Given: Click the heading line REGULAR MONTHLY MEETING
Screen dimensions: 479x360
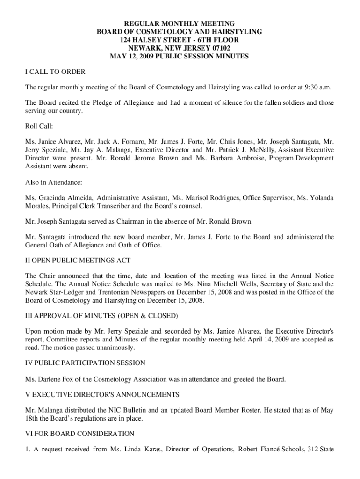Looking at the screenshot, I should [179, 23].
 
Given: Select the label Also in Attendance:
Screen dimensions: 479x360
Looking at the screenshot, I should [53, 182].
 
